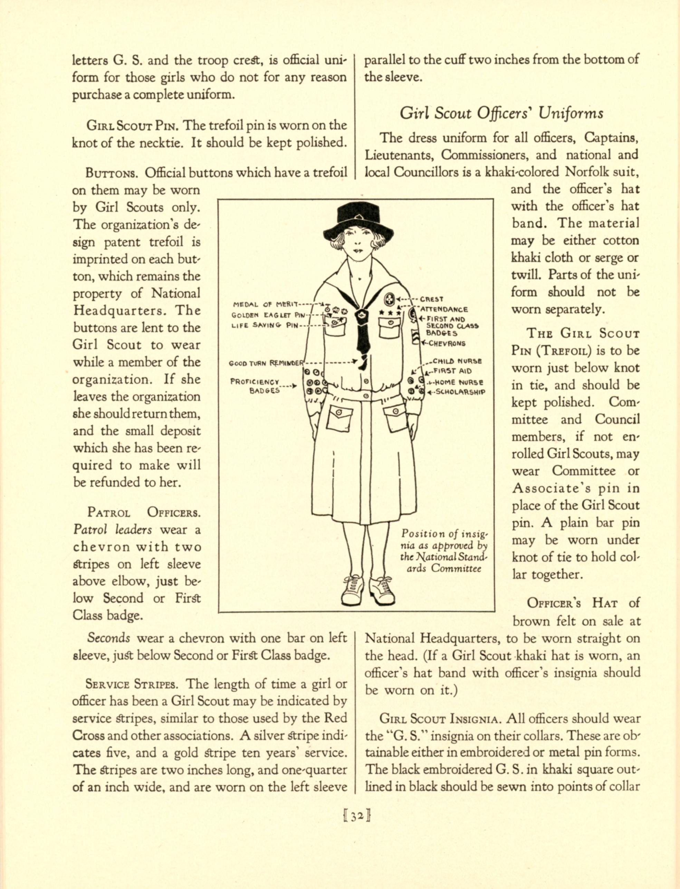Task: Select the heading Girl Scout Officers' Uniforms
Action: click(x=501, y=113)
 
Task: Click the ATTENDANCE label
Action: click(x=444, y=309)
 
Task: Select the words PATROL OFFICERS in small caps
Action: click(x=144, y=512)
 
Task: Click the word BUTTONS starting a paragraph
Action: click(x=113, y=173)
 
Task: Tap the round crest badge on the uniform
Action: click(x=389, y=299)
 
